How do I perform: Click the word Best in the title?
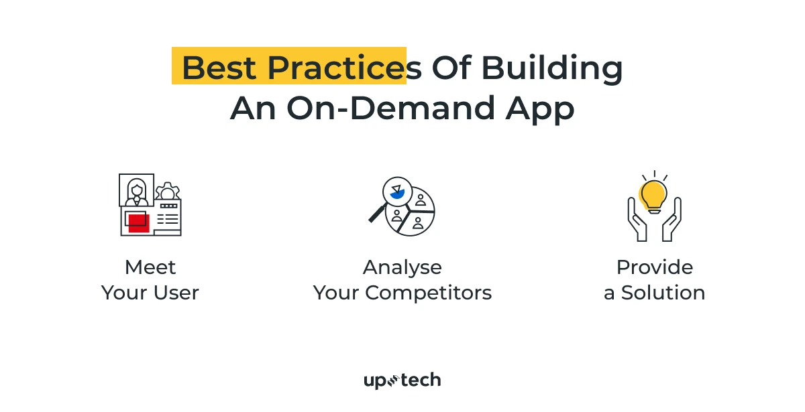220,68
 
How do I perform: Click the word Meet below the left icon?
150,267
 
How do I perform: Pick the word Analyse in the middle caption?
402,267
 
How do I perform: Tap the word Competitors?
429,293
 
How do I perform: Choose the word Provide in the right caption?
654,267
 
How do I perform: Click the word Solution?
663,293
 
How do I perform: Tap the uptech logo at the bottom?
402,381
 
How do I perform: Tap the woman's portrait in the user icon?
137,190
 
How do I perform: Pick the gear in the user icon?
166,192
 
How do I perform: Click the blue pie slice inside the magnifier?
396,194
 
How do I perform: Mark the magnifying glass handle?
377,214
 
